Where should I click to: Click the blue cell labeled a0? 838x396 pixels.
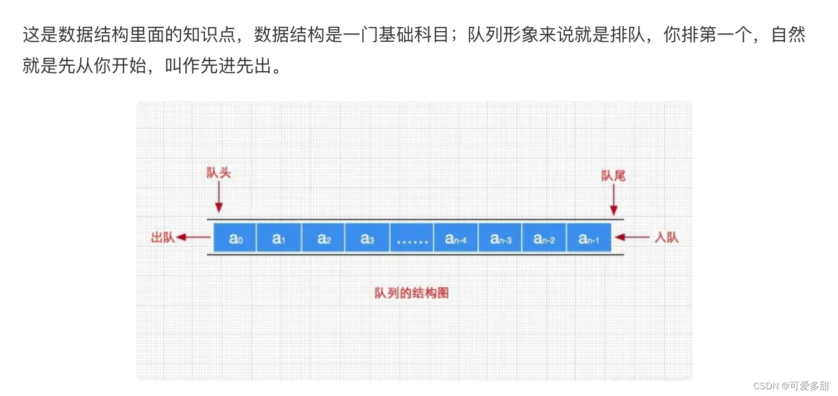pos(235,237)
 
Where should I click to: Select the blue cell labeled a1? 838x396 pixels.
pos(279,237)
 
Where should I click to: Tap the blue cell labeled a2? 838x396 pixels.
pos(323,237)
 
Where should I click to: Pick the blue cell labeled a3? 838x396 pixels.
pos(367,237)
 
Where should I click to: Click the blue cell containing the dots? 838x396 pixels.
pos(412,237)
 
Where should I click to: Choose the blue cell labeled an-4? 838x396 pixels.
pos(456,237)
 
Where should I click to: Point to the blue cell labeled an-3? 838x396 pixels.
pos(500,237)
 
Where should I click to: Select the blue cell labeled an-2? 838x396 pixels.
pos(544,237)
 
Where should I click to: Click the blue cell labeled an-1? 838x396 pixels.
pos(589,237)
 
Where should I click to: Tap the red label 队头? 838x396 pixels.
pos(219,173)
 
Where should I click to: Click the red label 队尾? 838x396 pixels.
pos(613,176)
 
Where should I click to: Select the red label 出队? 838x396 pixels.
pos(163,238)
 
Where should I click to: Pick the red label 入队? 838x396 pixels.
pos(666,238)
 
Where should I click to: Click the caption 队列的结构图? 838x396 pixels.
pos(411,293)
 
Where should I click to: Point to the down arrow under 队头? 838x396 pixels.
pos(219,197)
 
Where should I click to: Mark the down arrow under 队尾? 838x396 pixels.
pos(614,200)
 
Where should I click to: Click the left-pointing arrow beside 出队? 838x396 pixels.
pos(193,238)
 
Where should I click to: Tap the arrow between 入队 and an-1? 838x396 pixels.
pos(633,237)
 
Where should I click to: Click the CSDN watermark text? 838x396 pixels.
pos(791,385)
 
